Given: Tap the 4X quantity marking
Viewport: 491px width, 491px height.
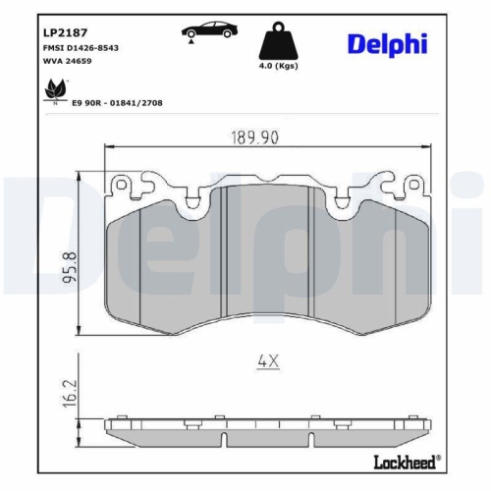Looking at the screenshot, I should pos(268,361).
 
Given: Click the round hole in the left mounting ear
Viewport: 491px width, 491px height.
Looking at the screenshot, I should pos(121,184).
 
